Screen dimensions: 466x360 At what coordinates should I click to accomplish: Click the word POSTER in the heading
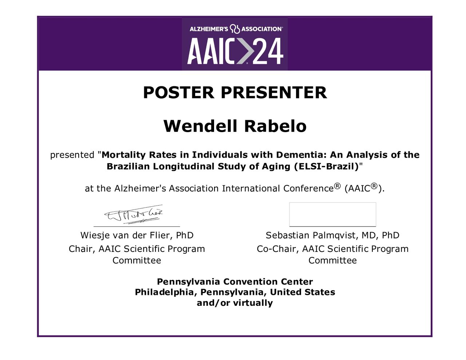point(178,92)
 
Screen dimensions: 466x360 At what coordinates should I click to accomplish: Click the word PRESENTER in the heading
point(274,92)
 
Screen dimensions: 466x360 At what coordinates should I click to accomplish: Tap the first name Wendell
point(200,126)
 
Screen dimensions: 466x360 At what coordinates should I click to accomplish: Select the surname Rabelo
point(275,126)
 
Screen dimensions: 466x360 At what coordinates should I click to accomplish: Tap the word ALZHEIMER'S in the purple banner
point(209,29)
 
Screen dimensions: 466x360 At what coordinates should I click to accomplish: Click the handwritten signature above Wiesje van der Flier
point(134,214)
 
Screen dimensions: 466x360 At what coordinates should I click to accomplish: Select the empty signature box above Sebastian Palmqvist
point(332,214)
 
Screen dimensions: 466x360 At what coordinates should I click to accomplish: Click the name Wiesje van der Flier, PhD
point(137,235)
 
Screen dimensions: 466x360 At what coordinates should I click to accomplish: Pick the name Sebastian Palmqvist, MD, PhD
point(332,235)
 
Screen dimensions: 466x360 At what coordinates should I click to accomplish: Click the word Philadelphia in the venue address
point(164,292)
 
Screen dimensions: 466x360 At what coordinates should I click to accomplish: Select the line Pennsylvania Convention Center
point(235,282)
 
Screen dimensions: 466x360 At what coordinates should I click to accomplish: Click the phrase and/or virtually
point(235,303)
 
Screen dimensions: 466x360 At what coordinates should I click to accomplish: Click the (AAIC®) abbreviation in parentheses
point(364,188)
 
